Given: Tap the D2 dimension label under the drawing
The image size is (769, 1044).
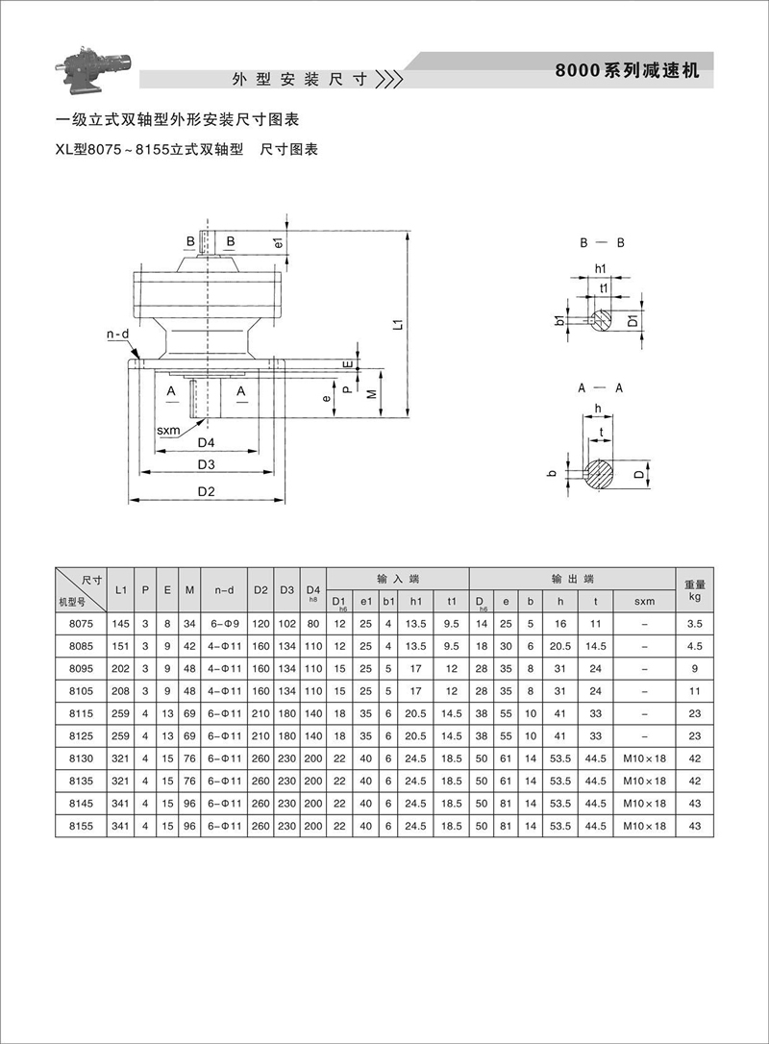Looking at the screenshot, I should pyautogui.click(x=206, y=491).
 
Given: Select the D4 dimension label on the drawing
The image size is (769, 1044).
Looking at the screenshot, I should pyautogui.click(x=206, y=443).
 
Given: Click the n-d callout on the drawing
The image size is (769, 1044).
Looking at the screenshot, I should pyautogui.click(x=117, y=335).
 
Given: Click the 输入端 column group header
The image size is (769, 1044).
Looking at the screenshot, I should pyautogui.click(x=397, y=579).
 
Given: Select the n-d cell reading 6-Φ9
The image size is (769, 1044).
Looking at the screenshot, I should pyautogui.click(x=223, y=624).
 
